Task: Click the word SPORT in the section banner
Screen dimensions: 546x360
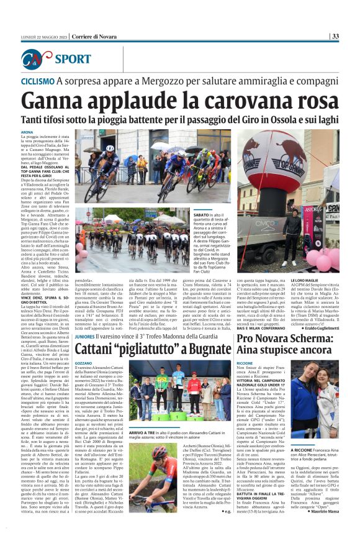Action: click(73, 60)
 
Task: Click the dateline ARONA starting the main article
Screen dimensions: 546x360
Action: click(27, 132)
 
